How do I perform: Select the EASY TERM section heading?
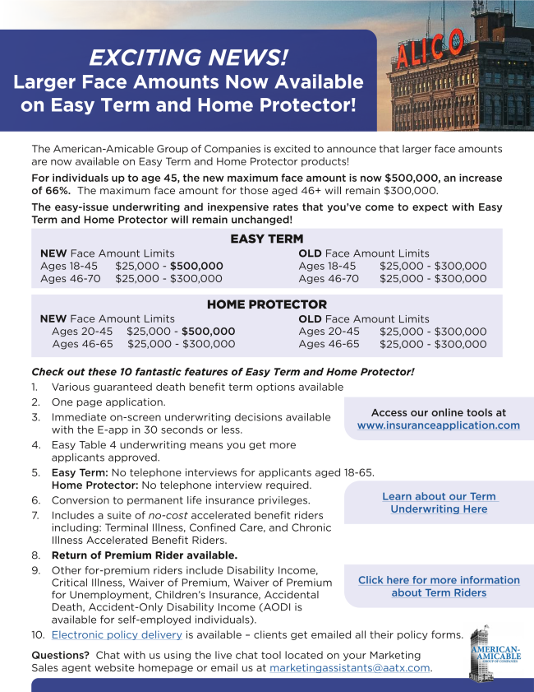[266, 239]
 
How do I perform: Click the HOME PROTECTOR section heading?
[266, 304]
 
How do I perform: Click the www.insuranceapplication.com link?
[438, 425]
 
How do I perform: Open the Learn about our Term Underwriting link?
[439, 503]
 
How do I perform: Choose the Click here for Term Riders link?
[439, 586]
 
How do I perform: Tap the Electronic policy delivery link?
[117, 634]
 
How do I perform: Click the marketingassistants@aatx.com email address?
[349, 668]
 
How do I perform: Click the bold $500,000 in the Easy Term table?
[196, 267]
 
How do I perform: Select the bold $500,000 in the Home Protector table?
[209, 332]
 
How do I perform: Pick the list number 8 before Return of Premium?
[36, 555]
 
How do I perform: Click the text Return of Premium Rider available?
[145, 555]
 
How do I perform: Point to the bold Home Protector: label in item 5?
[89, 485]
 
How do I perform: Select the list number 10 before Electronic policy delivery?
[38, 634]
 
